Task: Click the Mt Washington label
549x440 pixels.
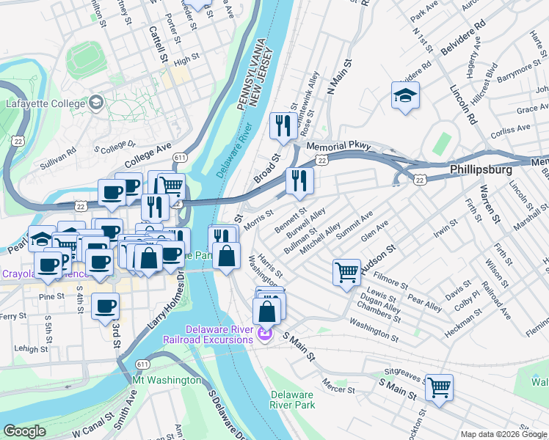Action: coord(167,380)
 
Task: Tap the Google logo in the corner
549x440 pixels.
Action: coord(24,431)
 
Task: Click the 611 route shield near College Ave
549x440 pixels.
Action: coord(180,157)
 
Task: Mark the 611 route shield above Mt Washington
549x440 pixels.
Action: coord(143,364)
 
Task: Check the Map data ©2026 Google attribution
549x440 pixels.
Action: coord(503,433)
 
